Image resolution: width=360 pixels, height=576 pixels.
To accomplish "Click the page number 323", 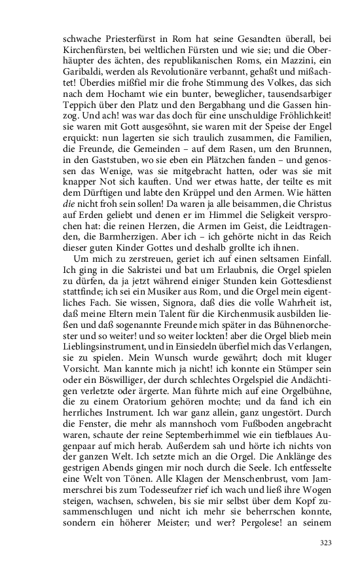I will pyautogui.click(x=326, y=543).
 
